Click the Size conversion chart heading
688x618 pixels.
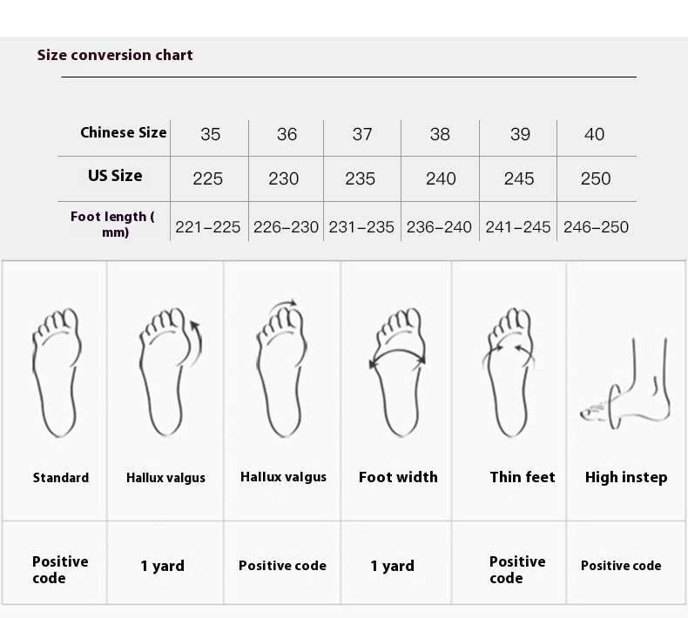(x=115, y=55)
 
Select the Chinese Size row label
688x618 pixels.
(x=124, y=132)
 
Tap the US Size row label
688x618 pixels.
(x=115, y=176)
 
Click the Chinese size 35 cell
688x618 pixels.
(x=210, y=134)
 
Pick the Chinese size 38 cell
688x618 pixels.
(x=440, y=134)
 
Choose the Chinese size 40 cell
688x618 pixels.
(x=594, y=134)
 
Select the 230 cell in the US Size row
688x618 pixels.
(x=283, y=179)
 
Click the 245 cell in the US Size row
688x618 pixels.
(x=519, y=179)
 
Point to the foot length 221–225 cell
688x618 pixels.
(x=207, y=227)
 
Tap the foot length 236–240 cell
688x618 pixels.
(x=439, y=227)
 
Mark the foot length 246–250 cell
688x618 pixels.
(x=596, y=227)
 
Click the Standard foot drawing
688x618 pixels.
(x=57, y=373)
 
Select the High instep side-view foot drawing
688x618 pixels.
(x=624, y=384)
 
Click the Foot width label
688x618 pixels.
(x=398, y=477)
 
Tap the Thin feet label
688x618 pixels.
(x=523, y=477)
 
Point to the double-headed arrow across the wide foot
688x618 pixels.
(x=398, y=351)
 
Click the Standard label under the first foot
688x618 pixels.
(x=61, y=478)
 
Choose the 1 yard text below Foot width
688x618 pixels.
(x=392, y=566)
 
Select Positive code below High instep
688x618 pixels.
(x=621, y=566)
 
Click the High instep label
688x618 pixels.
(x=626, y=477)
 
